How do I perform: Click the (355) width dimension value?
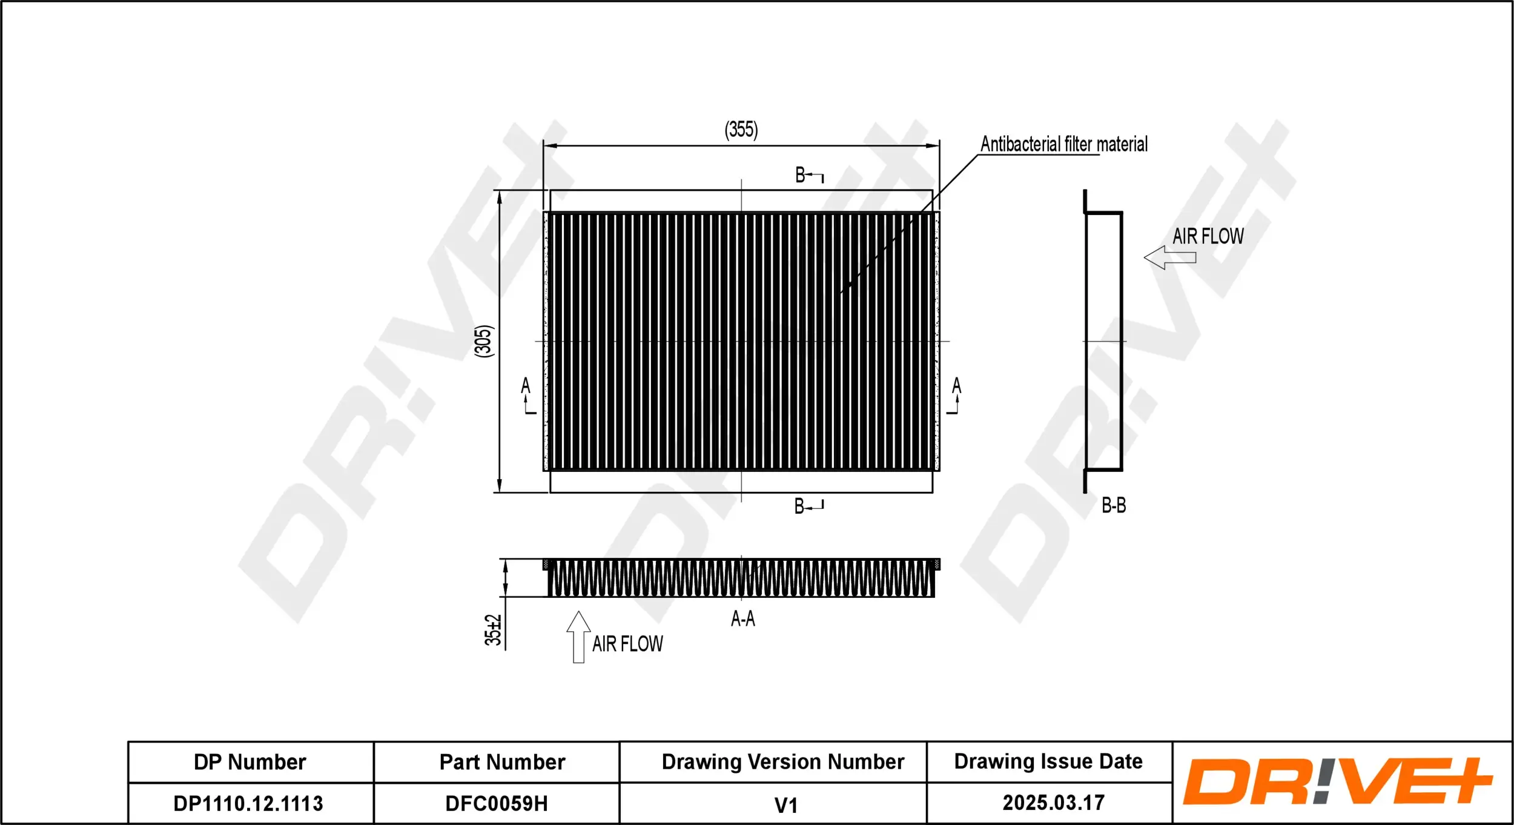[x=741, y=130]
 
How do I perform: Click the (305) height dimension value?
[x=484, y=341]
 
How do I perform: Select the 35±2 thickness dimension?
[x=493, y=630]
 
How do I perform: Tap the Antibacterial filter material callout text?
[x=1063, y=144]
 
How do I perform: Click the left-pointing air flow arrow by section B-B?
[x=1169, y=257]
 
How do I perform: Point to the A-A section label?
[x=742, y=618]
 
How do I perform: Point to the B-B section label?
[x=1113, y=505]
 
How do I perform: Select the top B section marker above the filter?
[x=808, y=176]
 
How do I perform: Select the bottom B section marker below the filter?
[x=808, y=506]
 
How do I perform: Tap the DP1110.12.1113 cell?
[x=248, y=803]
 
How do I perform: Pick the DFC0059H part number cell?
[x=496, y=803]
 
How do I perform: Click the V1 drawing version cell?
[x=785, y=805]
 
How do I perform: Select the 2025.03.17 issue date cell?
[x=1053, y=803]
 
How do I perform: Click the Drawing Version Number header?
[x=782, y=761]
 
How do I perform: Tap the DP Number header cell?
[x=250, y=762]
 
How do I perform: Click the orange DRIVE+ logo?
[x=1337, y=782]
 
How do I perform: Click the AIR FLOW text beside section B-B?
[x=1208, y=236]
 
